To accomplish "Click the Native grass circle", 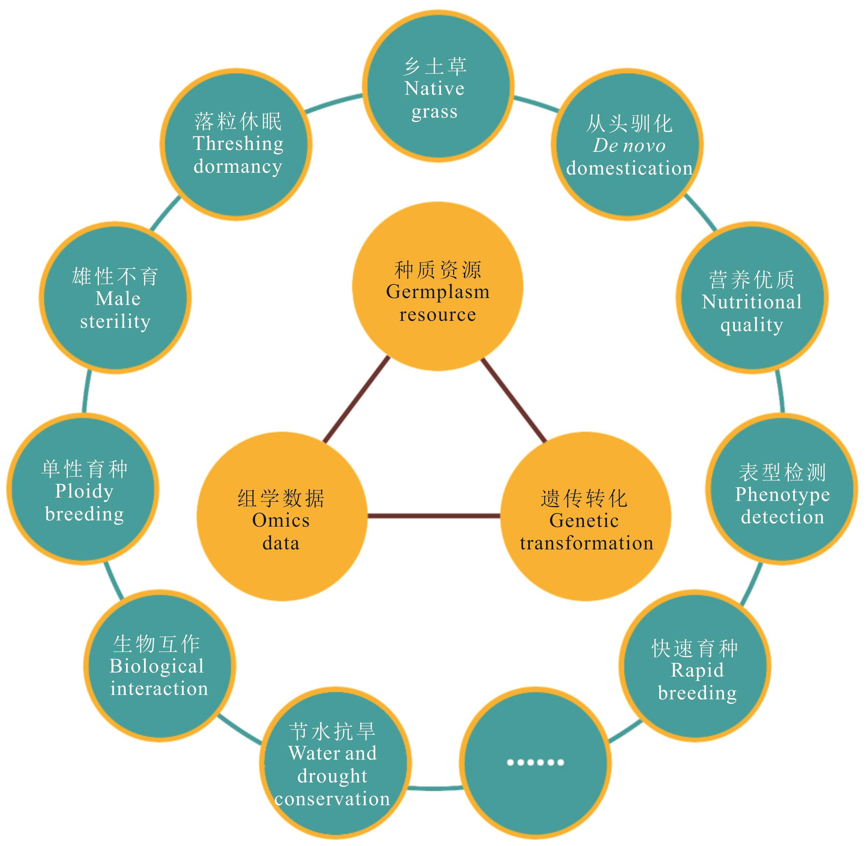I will pos(438,87).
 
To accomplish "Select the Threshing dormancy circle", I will pos(236,144).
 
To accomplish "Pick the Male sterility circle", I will pos(115,298).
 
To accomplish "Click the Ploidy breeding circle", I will pos(83,489).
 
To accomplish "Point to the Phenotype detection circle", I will pos(781,489).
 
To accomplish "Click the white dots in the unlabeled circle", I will pos(535,763).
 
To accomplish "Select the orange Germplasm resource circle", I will pos(438,287).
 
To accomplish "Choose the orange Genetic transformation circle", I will pos(585,516).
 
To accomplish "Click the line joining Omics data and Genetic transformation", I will pos(434,516).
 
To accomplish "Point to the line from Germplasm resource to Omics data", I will pos(356,400).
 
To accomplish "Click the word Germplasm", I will pos(438,292).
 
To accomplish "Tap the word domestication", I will pos(629,168).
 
